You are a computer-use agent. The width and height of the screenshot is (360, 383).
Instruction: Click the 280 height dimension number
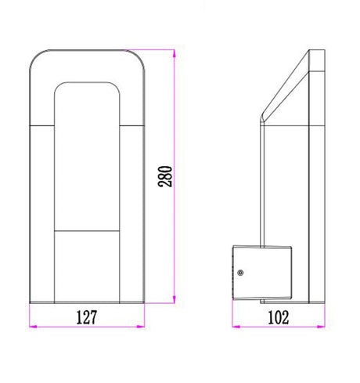pos(165,176)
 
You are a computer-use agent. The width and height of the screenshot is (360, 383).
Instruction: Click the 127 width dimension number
pos(87,317)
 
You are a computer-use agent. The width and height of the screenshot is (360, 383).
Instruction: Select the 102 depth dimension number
pos(279,317)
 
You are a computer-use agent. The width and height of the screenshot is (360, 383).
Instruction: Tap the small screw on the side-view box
pos(240,273)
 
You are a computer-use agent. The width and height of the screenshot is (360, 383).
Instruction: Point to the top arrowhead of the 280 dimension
pos(175,53)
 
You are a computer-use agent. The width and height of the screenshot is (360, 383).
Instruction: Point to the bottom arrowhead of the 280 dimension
pos(175,299)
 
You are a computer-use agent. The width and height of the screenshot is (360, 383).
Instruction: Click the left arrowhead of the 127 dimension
pos(33,327)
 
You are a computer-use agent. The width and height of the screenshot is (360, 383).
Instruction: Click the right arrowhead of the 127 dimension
pos(141,327)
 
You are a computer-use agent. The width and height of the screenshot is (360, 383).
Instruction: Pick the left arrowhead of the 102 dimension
pos(236,327)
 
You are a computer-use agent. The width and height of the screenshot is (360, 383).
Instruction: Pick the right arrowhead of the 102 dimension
pos(321,327)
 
